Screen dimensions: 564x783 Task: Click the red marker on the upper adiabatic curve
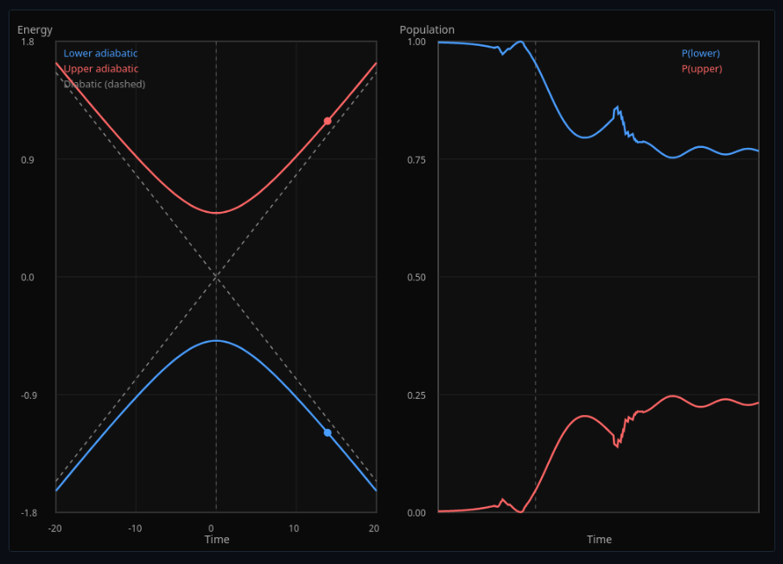point(328,121)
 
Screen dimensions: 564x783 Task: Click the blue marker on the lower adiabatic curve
point(328,433)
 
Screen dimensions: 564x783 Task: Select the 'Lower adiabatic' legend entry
point(100,54)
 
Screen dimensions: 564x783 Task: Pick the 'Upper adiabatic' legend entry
point(100,69)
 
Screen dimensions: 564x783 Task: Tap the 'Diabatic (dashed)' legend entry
point(104,84)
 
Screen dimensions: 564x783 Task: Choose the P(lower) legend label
point(701,54)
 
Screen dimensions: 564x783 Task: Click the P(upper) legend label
point(702,69)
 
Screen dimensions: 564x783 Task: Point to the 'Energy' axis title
point(35,30)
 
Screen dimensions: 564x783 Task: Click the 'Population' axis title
point(427,30)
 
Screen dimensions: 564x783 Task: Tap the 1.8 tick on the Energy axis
point(29,42)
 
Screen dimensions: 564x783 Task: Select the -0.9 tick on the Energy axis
point(27,395)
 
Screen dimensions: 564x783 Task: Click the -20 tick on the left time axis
point(54,529)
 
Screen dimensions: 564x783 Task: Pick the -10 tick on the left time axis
point(135,529)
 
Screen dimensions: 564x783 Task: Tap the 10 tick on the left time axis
point(294,529)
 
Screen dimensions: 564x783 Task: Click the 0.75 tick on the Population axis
point(417,160)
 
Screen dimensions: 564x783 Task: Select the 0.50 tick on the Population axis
point(417,278)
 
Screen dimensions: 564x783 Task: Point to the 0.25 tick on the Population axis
point(417,395)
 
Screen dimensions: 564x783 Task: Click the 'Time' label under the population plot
point(599,540)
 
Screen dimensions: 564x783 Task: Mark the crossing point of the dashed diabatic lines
point(216,277)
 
